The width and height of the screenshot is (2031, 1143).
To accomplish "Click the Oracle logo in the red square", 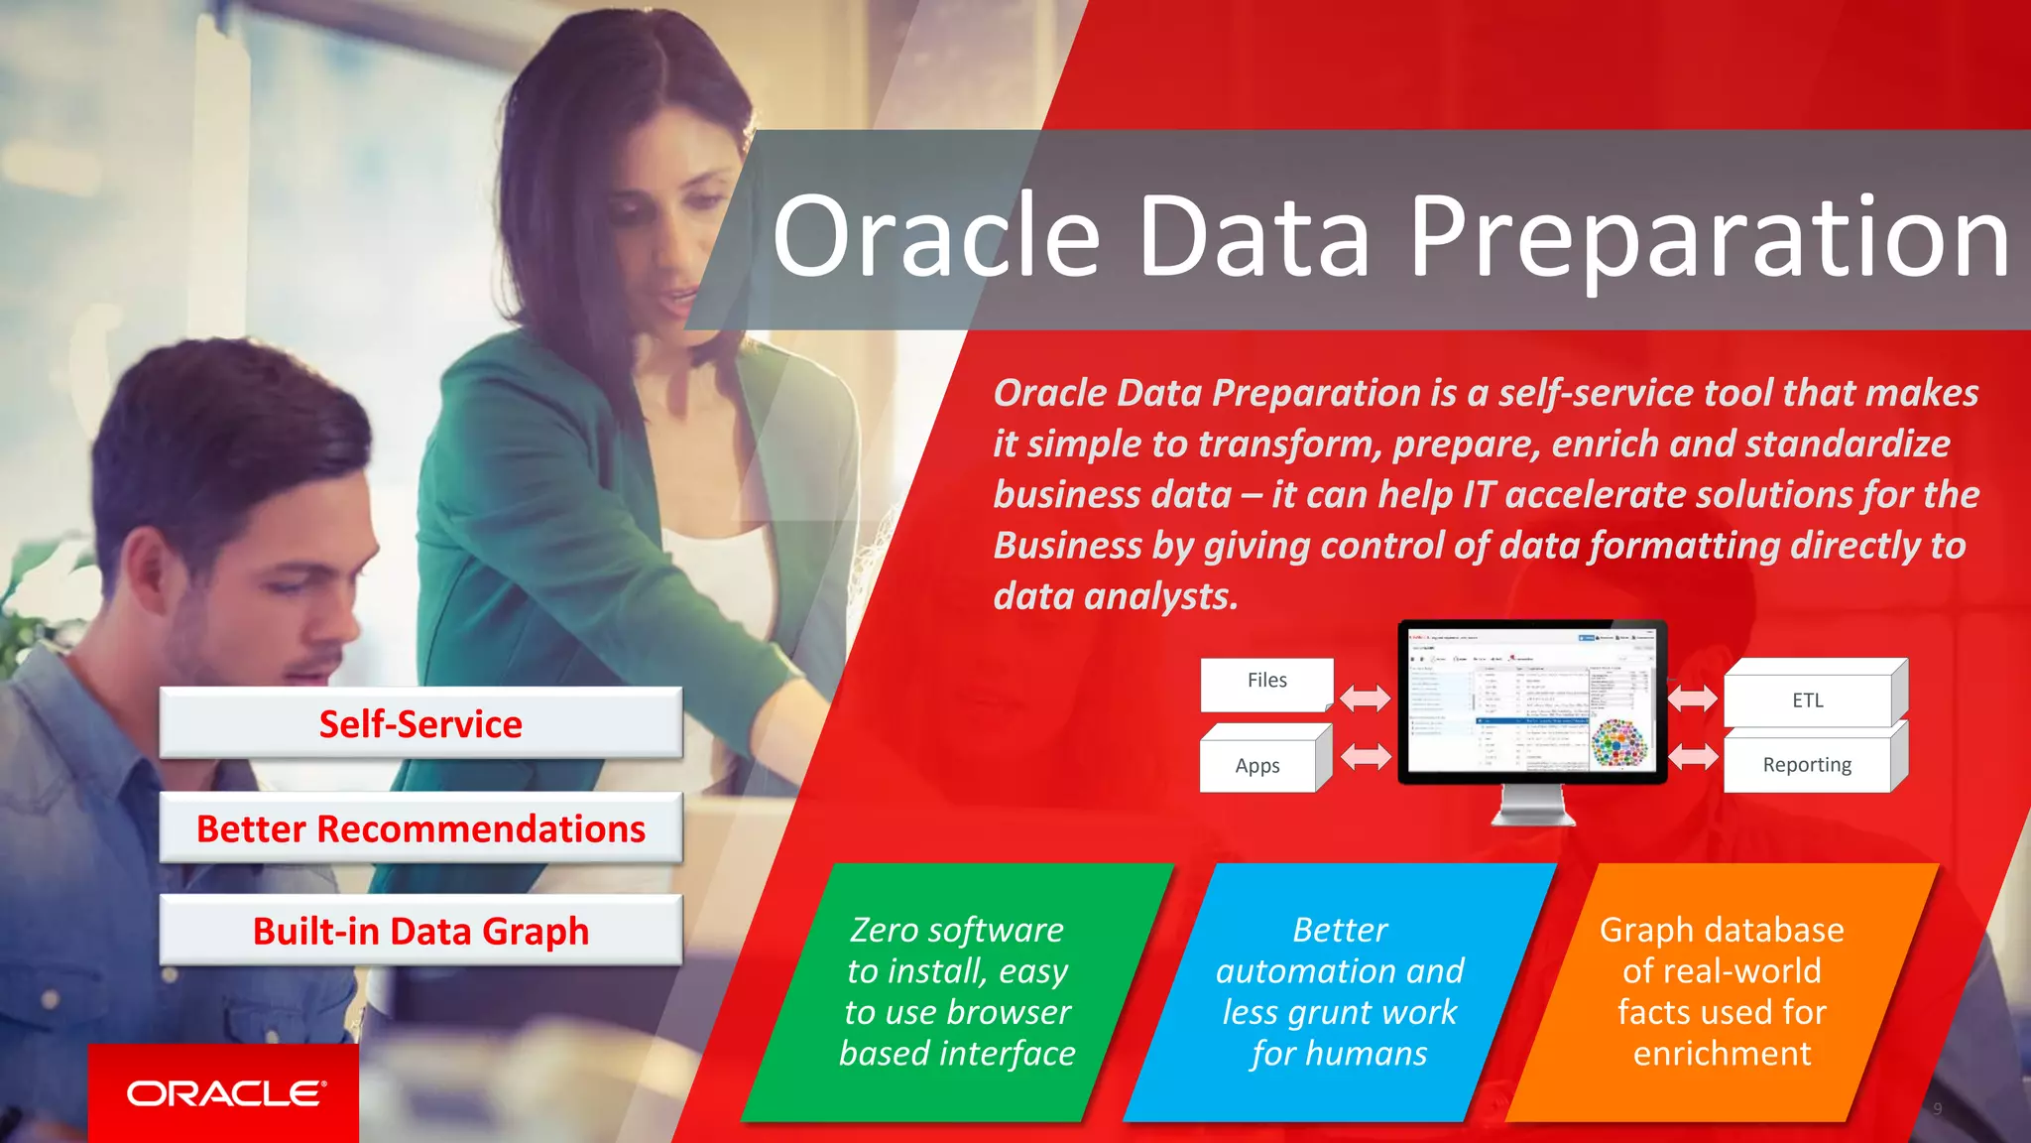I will point(225,1093).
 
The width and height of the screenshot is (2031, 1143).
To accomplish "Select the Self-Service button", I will point(420,724).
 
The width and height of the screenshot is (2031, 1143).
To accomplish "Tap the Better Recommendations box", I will point(420,828).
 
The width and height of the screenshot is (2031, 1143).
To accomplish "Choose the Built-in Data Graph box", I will point(420,932).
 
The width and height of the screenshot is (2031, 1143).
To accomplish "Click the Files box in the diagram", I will point(1266,684).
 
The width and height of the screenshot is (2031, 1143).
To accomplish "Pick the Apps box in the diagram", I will point(1257,766).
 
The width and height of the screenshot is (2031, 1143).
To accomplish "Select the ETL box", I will point(1807,700).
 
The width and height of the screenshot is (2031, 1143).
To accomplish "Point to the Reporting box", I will point(1807,765).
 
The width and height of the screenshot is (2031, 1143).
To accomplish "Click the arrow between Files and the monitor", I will point(1365,698).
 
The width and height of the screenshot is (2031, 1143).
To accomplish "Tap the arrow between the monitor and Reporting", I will point(1693,758).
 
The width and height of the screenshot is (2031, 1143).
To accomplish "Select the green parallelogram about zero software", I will point(957,992).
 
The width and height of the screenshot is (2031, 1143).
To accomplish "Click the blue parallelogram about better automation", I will point(1339,992).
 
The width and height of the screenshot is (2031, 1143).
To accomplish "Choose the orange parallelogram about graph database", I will point(1722,992).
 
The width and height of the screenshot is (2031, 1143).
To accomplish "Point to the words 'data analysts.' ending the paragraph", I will point(1116,597).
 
